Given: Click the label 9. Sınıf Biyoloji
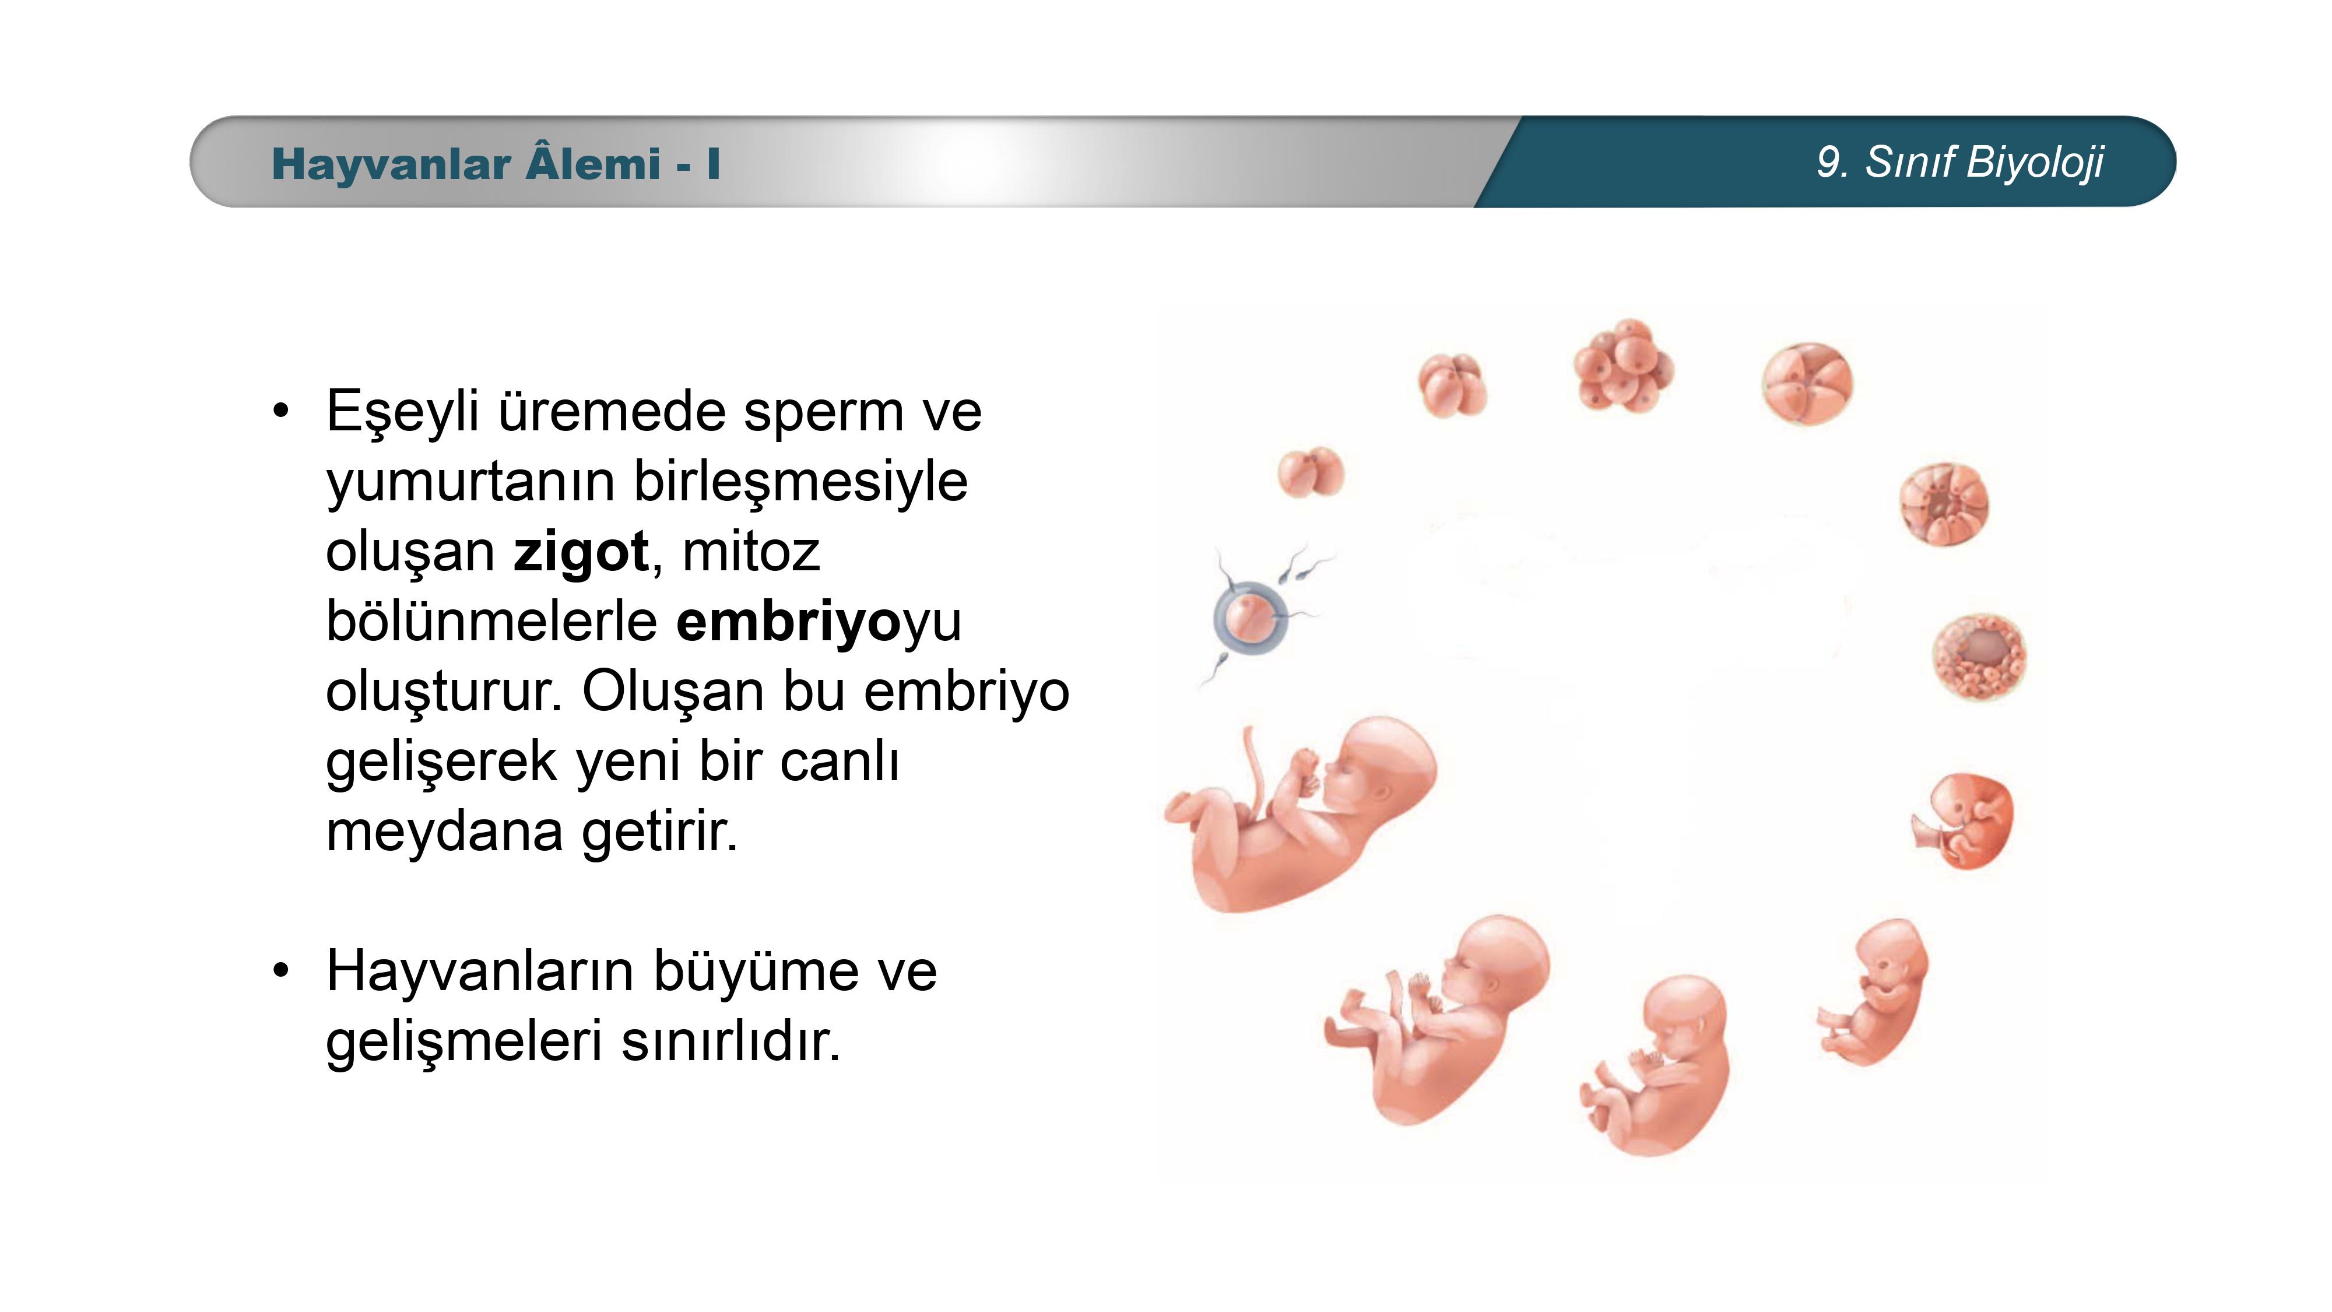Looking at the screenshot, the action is [x=1960, y=163].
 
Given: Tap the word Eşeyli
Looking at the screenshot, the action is [x=403, y=413].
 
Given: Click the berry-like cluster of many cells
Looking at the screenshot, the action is [x=1623, y=366].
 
